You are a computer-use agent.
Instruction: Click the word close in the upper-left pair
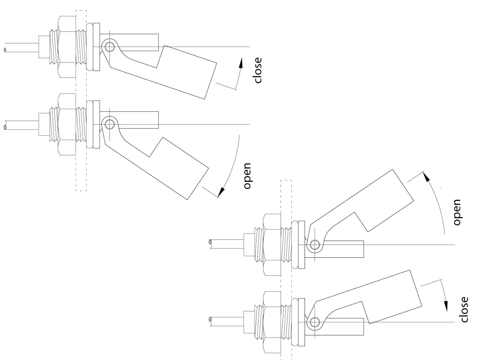(x=258, y=70)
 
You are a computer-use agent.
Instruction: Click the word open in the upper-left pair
(x=247, y=176)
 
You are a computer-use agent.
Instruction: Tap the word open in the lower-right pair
(x=456, y=212)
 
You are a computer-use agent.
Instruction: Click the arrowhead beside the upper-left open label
(x=221, y=192)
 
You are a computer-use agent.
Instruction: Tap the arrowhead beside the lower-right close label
(x=446, y=305)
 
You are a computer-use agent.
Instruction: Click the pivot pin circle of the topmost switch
(x=109, y=47)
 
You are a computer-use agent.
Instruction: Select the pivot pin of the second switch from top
(x=109, y=124)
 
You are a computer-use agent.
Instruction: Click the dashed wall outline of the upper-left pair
(x=81, y=100)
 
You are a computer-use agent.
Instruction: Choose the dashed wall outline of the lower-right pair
(x=286, y=270)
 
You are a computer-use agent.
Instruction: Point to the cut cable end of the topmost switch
(x=5, y=49)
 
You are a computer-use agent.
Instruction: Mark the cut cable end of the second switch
(x=5, y=126)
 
